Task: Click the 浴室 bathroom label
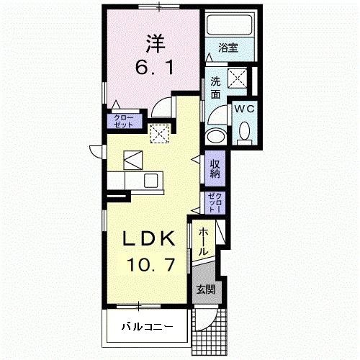tap(230, 48)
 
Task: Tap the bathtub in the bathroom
tap(230, 25)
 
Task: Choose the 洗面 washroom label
tap(215, 88)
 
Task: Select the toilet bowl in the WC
tap(244, 130)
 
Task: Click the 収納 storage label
tap(215, 170)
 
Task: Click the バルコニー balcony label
tap(146, 327)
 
